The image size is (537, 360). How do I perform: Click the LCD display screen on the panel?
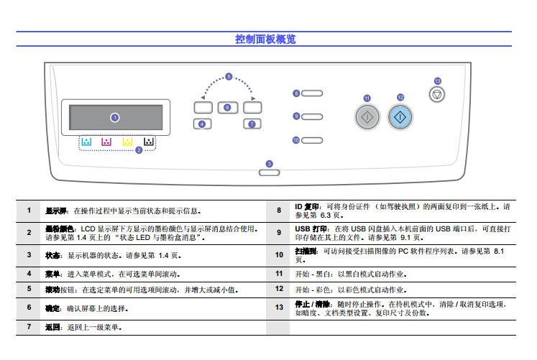pyautogui.click(x=115, y=116)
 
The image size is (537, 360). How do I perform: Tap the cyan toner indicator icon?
pyautogui.click(x=86, y=142)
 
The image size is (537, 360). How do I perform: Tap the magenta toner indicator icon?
pyautogui.click(x=106, y=142)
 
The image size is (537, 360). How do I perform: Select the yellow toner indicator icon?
pyautogui.click(x=127, y=142)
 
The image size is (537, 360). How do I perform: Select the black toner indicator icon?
pyautogui.click(x=148, y=142)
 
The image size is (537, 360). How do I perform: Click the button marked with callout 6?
pyautogui.click(x=226, y=108)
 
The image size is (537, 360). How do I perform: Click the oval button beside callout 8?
pyautogui.click(x=312, y=93)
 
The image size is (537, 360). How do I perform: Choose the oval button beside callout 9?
pyautogui.click(x=312, y=116)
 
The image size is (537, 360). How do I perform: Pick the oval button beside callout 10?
pyautogui.click(x=312, y=139)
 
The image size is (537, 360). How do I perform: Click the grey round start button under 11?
pyautogui.click(x=367, y=116)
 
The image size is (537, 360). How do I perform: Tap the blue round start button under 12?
pyautogui.click(x=400, y=116)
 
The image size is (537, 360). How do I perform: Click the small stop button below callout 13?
pyautogui.click(x=437, y=95)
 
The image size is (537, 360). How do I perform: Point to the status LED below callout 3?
pyautogui.click(x=268, y=172)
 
